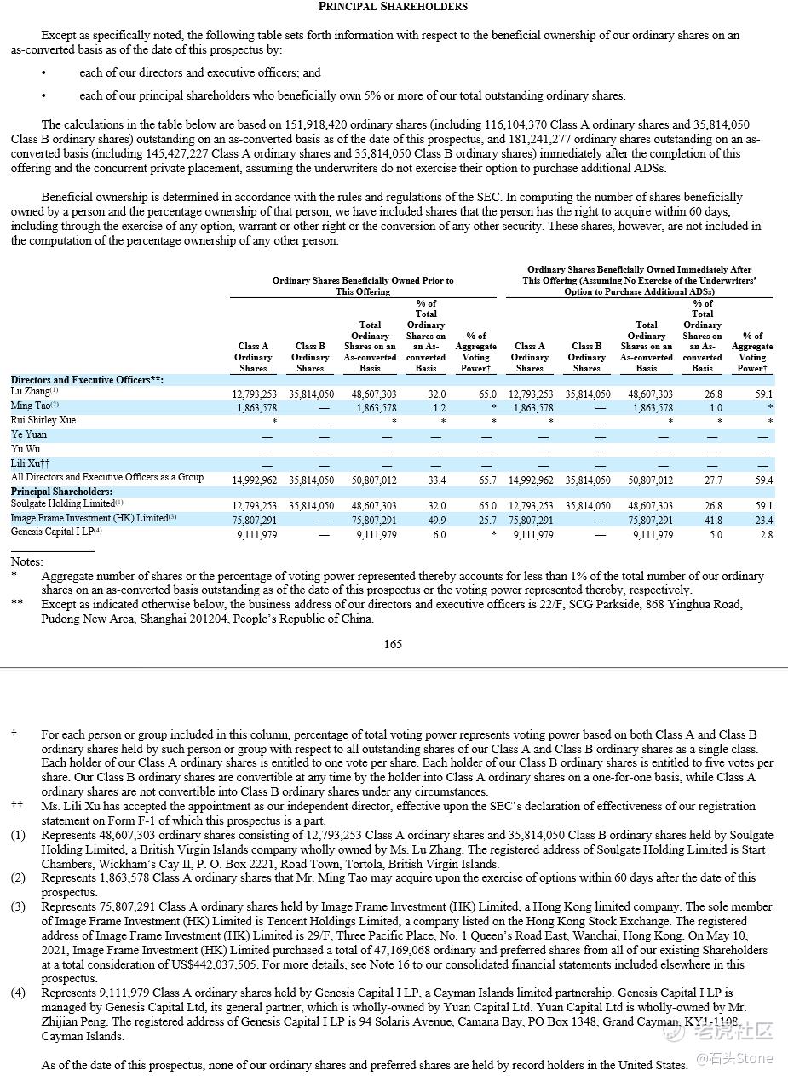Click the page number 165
click(x=393, y=644)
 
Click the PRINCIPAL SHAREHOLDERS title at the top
click(x=393, y=7)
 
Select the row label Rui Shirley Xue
click(x=43, y=420)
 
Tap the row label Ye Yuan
click(x=29, y=434)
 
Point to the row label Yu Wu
click(x=26, y=449)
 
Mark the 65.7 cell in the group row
click(x=487, y=480)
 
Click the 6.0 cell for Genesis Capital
click(x=439, y=535)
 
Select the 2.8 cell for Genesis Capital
click(x=766, y=535)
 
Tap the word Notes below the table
click(x=26, y=562)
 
